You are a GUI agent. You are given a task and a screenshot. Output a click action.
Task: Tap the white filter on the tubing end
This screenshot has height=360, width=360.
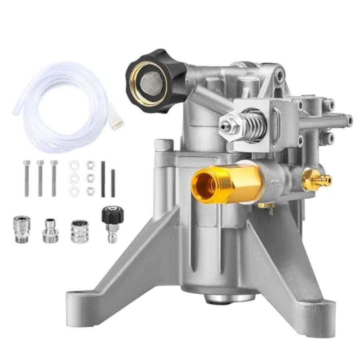pyautogui.click(x=116, y=122)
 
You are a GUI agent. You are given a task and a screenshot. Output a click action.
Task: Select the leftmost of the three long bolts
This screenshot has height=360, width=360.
pyautogui.click(x=27, y=178)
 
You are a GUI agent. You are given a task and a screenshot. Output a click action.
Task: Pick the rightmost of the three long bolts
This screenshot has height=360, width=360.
pyautogui.click(x=54, y=178)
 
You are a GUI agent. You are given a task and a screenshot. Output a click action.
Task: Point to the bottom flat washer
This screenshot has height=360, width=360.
pyautogui.click(x=74, y=192)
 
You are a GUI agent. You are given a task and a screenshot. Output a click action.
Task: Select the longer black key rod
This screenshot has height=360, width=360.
pyautogui.click(x=103, y=179)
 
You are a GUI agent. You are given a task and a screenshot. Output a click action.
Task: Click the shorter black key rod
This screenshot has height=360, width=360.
pyautogui.click(x=113, y=183)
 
